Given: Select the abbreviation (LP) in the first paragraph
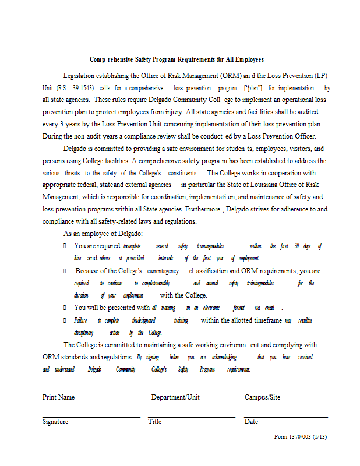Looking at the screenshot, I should tap(320, 76).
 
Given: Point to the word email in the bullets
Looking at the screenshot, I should tap(269, 308).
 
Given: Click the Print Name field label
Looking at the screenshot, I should tap(58, 397).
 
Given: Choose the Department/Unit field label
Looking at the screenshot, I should tap(175, 397).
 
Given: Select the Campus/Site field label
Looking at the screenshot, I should tap(262, 397).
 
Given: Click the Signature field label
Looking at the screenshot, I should tap(55, 422).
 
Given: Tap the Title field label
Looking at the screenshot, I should tap(155, 422).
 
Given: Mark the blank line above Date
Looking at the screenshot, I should tap(286, 417).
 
